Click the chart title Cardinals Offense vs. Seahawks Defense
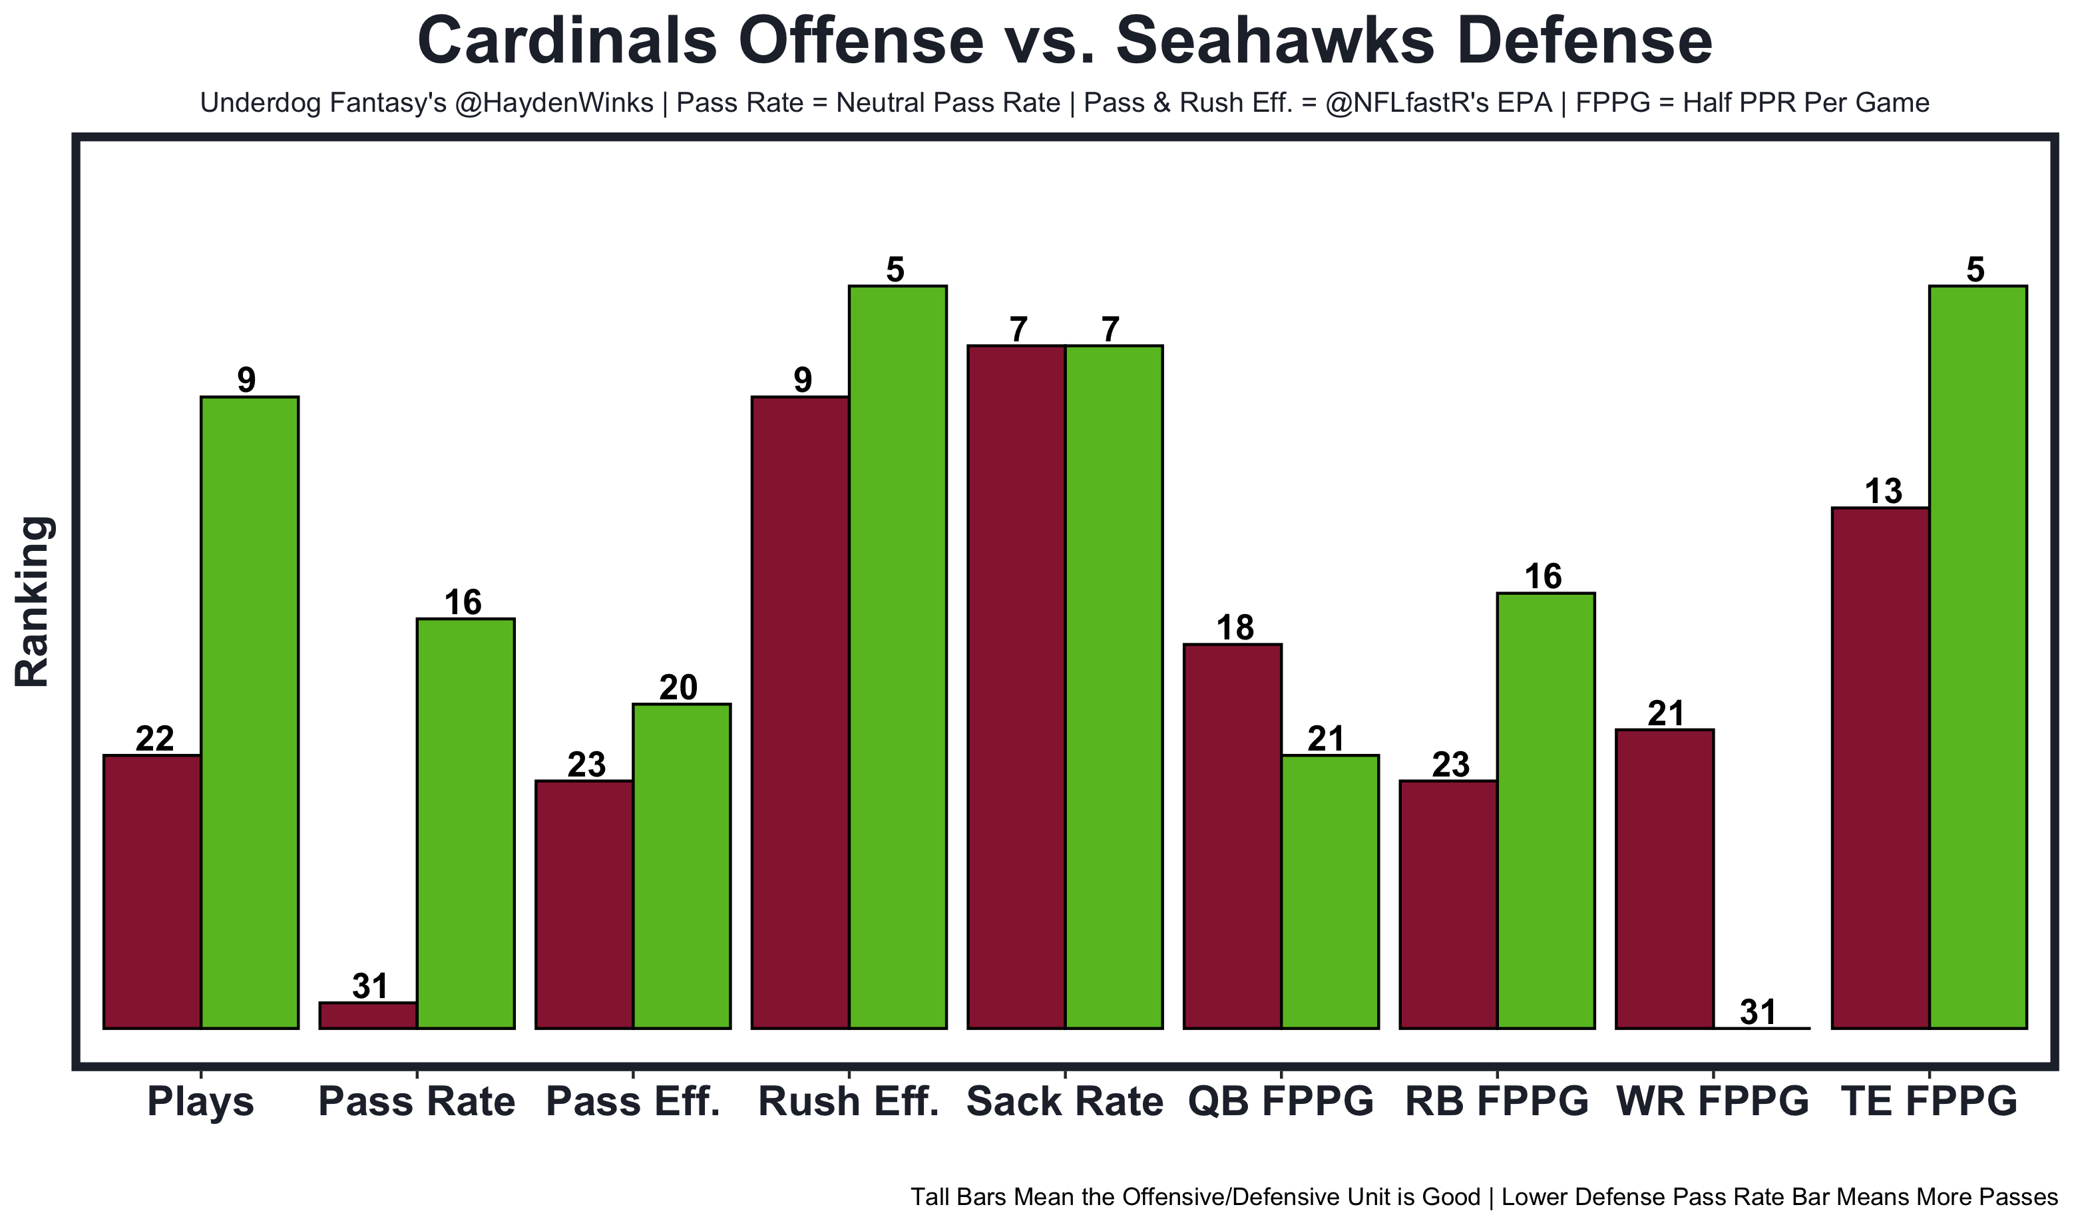[x=1064, y=41]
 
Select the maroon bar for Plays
[x=152, y=892]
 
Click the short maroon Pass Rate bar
[x=368, y=1015]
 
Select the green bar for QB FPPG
[x=1330, y=892]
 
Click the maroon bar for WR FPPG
[x=1665, y=878]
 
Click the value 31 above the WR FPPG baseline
[x=1758, y=1011]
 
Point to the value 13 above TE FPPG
[x=1883, y=492]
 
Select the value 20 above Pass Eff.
[x=679, y=687]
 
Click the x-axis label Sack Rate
[x=1064, y=1102]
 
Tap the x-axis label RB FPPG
[x=1497, y=1102]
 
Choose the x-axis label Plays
[x=200, y=1102]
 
